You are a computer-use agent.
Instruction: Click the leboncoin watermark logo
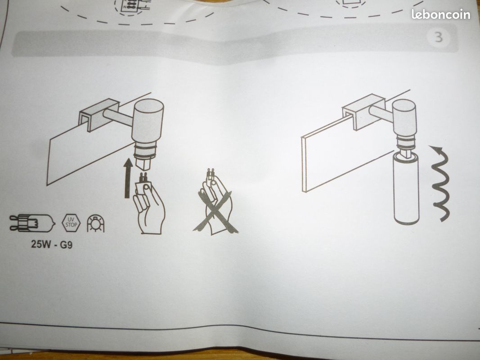440,14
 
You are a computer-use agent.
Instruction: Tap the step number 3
439,37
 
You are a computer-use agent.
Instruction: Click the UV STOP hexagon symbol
71,223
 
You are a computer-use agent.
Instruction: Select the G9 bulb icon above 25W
32,223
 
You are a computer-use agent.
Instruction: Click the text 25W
41,244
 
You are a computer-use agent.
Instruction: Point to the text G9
66,245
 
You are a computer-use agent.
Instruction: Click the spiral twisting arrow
440,183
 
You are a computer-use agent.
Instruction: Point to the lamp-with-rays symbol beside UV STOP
95,223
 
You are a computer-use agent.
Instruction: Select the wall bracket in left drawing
99,115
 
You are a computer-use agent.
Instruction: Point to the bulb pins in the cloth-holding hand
143,178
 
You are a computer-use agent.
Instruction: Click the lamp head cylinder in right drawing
404,117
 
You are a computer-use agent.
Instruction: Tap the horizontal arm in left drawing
118,117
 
